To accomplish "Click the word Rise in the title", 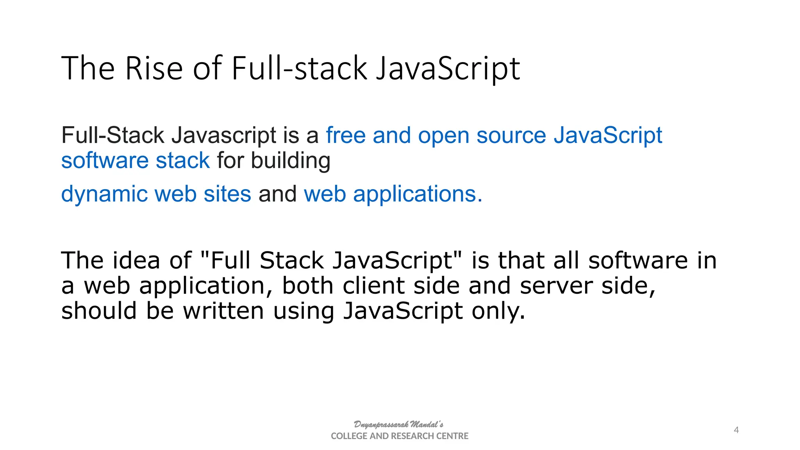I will [154, 69].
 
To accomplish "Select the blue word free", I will [346, 136].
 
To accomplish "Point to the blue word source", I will [511, 136].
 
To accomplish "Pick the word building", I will [291, 161].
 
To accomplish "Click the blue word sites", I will [227, 194].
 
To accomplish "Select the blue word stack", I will [183, 161].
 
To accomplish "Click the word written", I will [223, 311].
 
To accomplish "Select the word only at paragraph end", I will [498, 311].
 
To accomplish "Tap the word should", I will [99, 311].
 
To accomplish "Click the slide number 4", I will [736, 430].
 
